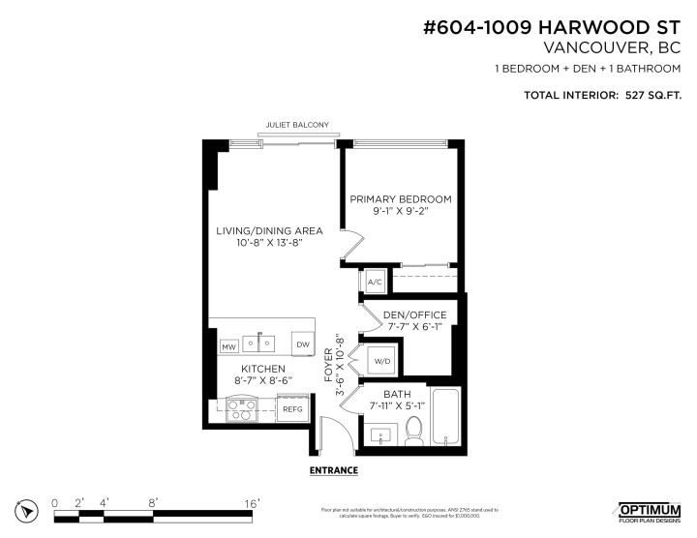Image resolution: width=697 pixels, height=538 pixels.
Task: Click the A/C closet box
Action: (375, 282)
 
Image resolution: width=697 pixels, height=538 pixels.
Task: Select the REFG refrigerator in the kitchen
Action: (292, 409)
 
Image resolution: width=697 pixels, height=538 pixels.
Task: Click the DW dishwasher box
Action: (302, 344)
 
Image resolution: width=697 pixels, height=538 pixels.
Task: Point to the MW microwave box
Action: (228, 345)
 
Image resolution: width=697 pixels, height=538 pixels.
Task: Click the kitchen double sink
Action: (260, 343)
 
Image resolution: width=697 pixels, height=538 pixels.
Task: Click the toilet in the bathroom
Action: (413, 427)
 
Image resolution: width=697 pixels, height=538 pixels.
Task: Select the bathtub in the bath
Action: (447, 415)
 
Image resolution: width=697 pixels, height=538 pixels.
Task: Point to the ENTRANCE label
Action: (334, 470)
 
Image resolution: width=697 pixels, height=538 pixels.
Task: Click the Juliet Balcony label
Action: (297, 125)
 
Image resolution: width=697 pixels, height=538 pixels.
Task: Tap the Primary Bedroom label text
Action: (401, 199)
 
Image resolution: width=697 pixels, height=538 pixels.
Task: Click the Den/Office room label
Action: (414, 315)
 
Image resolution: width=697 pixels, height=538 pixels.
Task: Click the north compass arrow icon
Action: (28, 509)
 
